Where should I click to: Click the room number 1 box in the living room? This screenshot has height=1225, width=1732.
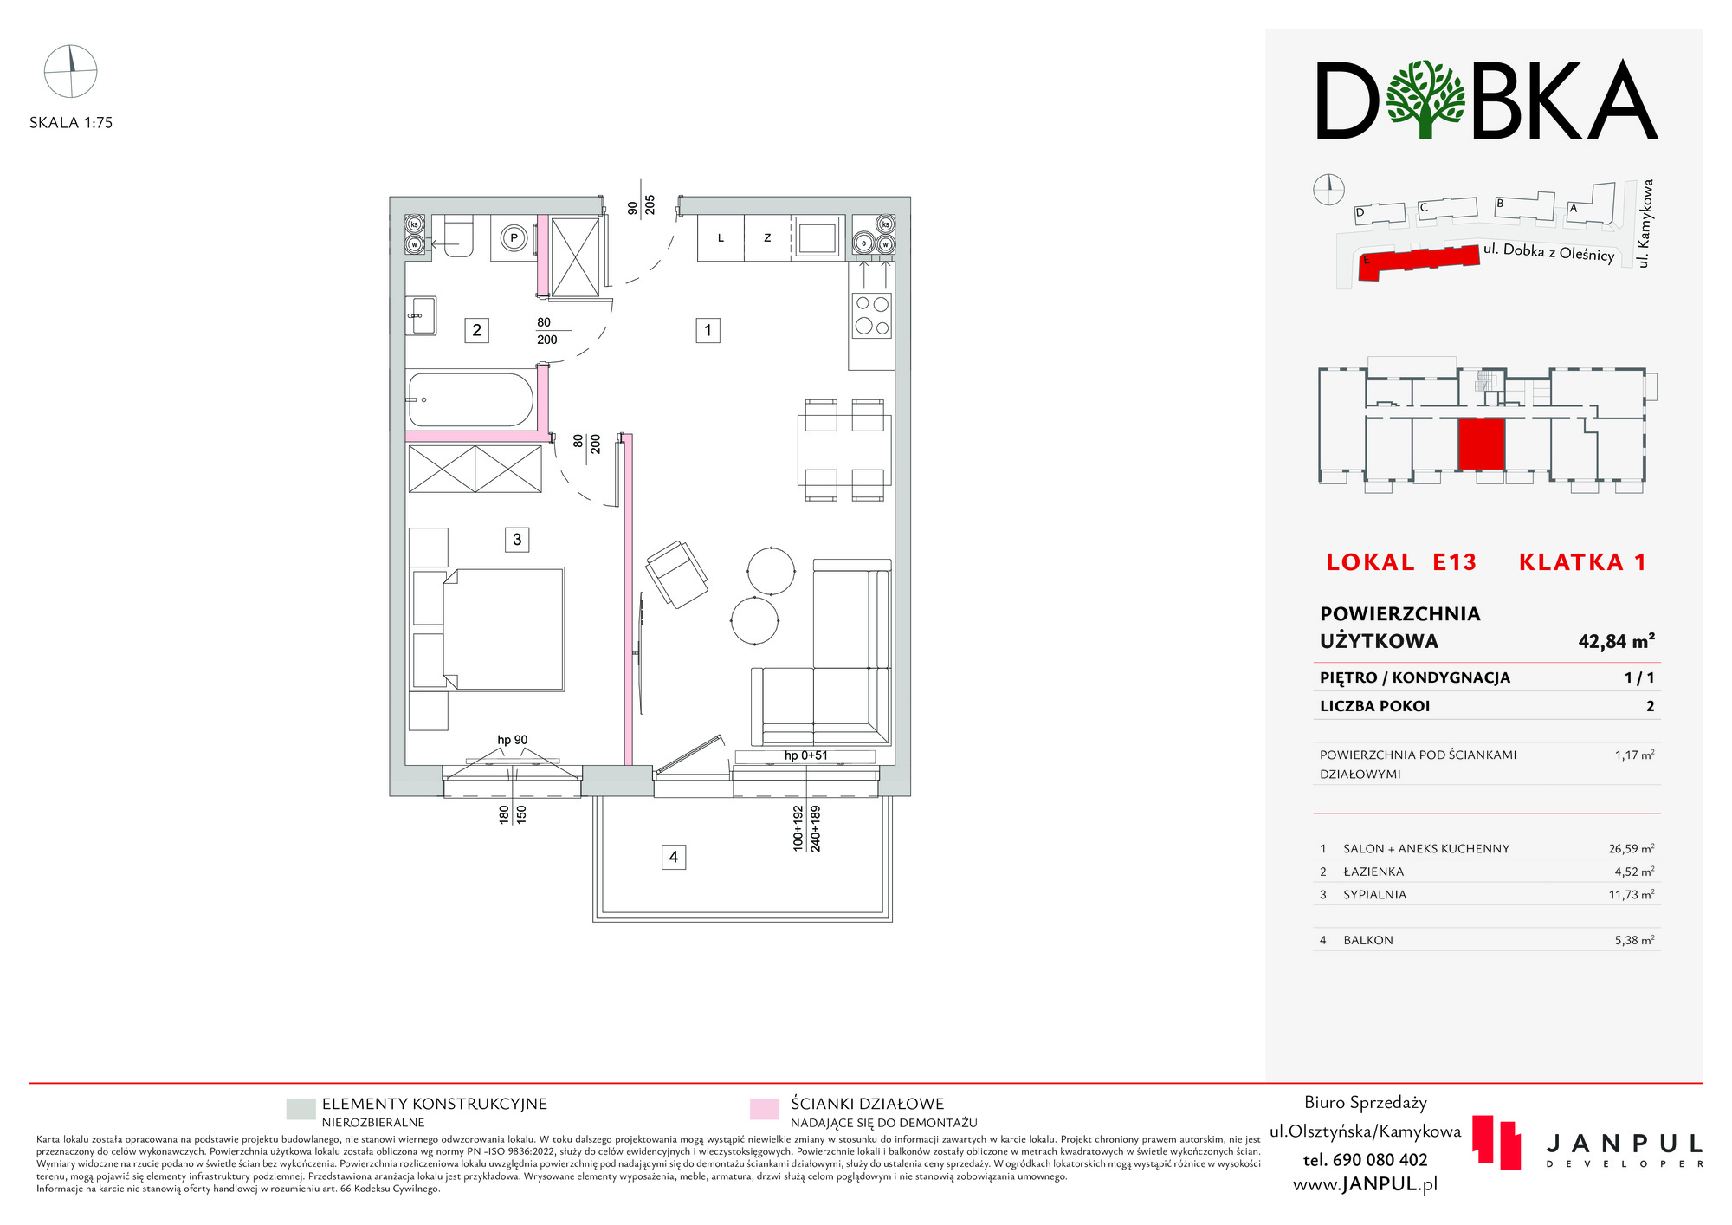pos(708,330)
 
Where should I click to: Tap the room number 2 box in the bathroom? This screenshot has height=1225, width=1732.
pos(476,330)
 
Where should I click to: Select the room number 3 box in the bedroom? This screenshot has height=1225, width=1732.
pos(517,540)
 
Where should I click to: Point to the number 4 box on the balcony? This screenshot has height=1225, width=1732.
pos(674,858)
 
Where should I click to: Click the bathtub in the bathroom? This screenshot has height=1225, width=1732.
pos(470,399)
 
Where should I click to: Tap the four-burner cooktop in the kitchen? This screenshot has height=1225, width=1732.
pos(872,315)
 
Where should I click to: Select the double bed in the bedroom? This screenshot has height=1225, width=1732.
pos(488,629)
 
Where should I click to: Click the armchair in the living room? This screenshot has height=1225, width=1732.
pos(676,574)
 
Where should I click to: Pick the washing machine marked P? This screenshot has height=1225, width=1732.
pos(514,238)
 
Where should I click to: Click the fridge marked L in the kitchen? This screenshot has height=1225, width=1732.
pos(721,238)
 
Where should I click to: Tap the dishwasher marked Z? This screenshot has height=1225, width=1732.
pos(767,238)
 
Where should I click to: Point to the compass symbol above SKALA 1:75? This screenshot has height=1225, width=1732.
pos(71,71)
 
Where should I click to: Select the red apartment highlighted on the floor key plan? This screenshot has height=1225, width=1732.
pos(1481,444)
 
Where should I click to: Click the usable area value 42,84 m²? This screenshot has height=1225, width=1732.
pos(1616,642)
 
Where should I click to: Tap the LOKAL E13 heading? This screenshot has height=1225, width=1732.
pos(1401,562)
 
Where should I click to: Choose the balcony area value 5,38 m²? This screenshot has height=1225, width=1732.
pos(1634,940)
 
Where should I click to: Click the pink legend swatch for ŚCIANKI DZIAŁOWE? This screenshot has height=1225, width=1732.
pos(765,1109)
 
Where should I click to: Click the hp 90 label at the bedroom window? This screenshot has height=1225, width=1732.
pos(513,740)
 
